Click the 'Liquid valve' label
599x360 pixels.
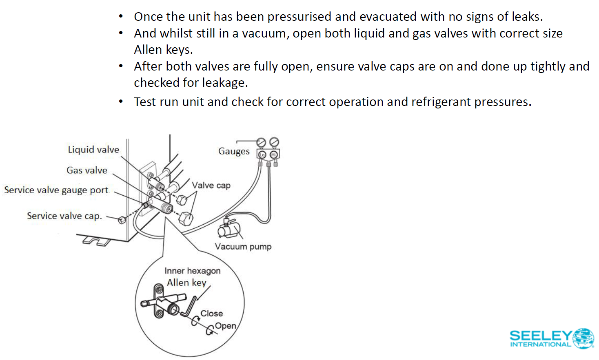pyautogui.click(x=93, y=150)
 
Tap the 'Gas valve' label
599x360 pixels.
pyautogui.click(x=87, y=170)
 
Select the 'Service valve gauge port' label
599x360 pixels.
pyautogui.click(x=56, y=190)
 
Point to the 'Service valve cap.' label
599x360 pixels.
pyautogui.click(x=64, y=216)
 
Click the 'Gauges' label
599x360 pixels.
pyautogui.click(x=234, y=151)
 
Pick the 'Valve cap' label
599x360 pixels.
pyautogui.click(x=211, y=186)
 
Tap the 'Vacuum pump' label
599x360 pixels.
pyautogui.click(x=243, y=247)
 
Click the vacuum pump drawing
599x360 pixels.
pyautogui.click(x=229, y=228)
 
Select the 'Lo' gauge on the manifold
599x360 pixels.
pyautogui.click(x=262, y=155)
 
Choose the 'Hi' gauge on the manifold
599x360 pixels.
pyautogui.click(x=274, y=155)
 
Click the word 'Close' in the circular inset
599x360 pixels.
pyautogui.click(x=211, y=314)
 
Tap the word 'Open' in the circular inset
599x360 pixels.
pyautogui.click(x=225, y=326)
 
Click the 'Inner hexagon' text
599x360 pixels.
pyautogui.click(x=192, y=271)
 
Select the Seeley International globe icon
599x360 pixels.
pyautogui.click(x=583, y=338)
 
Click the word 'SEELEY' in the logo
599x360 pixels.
pyautogui.click(x=540, y=336)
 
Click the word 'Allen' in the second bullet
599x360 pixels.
pyautogui.click(x=148, y=50)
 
